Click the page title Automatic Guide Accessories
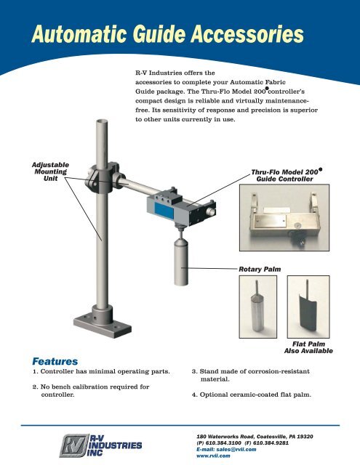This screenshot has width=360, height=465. click(164, 33)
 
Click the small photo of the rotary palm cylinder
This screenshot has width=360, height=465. click(257, 308)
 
